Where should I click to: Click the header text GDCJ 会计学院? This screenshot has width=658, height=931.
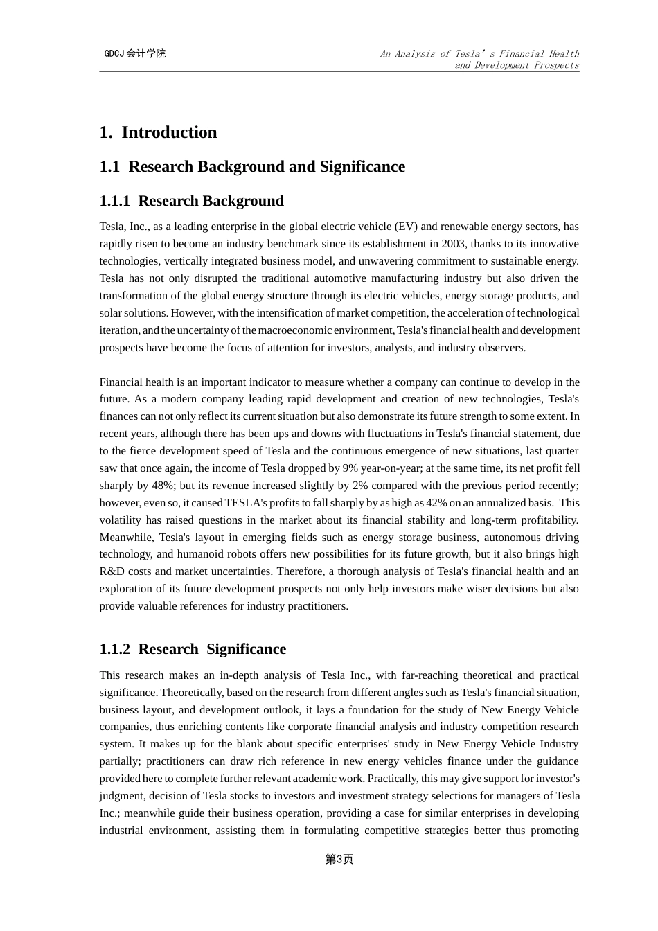[135, 53]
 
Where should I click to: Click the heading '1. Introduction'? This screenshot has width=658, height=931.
[158, 132]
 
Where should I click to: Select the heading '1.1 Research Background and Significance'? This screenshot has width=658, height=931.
[252, 167]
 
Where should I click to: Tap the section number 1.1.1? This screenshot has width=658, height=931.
[114, 201]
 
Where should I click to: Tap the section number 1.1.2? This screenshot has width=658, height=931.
[114, 649]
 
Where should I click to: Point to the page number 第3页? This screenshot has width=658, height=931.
[339, 859]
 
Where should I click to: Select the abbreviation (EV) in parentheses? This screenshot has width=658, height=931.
[405, 227]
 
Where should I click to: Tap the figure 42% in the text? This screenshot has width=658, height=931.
[437, 503]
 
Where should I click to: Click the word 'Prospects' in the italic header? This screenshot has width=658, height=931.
[556, 65]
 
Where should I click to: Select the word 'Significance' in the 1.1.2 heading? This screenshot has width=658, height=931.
[246, 649]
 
